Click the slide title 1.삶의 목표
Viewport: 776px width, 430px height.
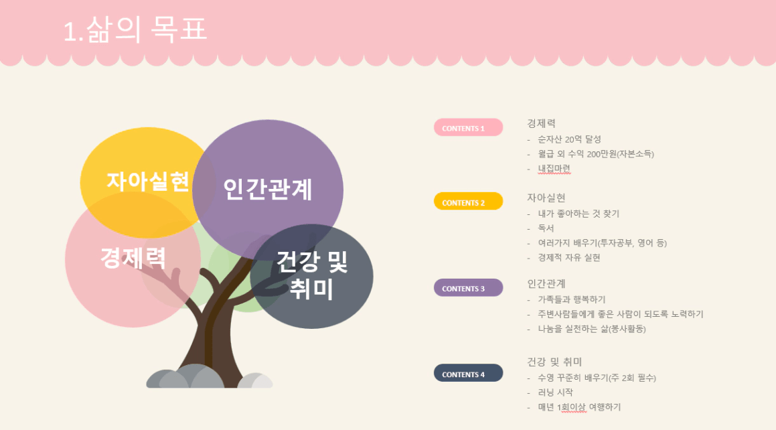pos(135,29)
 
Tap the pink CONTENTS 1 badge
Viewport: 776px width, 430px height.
pos(468,128)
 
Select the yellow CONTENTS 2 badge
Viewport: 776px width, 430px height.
pos(468,202)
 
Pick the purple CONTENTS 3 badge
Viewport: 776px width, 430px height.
pos(468,288)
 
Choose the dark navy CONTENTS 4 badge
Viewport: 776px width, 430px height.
pos(468,374)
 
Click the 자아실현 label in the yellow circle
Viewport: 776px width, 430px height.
pos(148,182)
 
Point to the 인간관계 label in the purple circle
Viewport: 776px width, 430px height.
pos(268,189)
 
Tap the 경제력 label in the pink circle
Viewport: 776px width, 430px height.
pos(133,257)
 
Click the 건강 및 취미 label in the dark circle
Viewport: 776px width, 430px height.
pos(312,275)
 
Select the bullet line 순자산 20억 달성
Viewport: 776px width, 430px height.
pos(569,139)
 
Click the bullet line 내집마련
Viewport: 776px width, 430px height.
pos(554,169)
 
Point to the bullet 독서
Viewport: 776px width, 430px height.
pos(546,228)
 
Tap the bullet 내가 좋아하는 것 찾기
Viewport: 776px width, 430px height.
pos(578,214)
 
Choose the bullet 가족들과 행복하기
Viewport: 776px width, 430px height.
pos(572,299)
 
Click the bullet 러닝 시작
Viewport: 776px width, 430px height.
pos(555,392)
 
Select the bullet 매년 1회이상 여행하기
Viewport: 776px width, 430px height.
pos(579,407)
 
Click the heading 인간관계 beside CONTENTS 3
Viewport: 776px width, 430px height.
pos(546,283)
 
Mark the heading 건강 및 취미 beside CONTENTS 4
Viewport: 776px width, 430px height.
pos(554,362)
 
